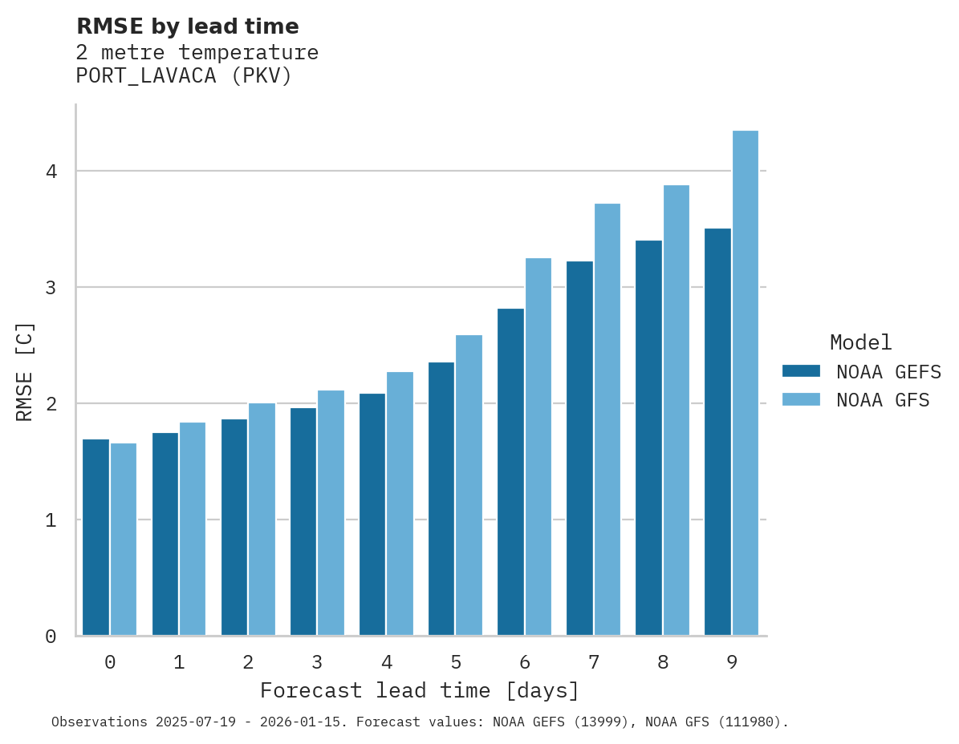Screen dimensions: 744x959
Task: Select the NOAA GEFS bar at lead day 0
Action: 95,537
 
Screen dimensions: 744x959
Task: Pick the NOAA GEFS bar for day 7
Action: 579,448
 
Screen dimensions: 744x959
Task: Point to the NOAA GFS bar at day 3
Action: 331,513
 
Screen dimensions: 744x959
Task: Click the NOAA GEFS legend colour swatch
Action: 801,371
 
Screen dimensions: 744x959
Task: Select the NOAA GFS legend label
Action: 883,400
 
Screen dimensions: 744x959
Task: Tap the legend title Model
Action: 860,343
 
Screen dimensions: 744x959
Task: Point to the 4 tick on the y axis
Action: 51,172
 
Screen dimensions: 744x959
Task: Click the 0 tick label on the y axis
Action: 51,637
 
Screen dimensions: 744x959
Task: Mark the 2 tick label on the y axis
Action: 51,403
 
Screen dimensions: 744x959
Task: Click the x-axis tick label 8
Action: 663,663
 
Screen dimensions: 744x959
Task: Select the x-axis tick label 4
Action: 387,663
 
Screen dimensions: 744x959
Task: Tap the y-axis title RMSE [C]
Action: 25,371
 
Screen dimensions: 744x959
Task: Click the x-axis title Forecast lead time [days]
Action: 420,691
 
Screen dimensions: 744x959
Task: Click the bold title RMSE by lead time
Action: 188,26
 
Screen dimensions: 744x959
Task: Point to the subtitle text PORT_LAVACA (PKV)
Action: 184,76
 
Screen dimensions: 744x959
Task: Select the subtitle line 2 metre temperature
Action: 197,53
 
